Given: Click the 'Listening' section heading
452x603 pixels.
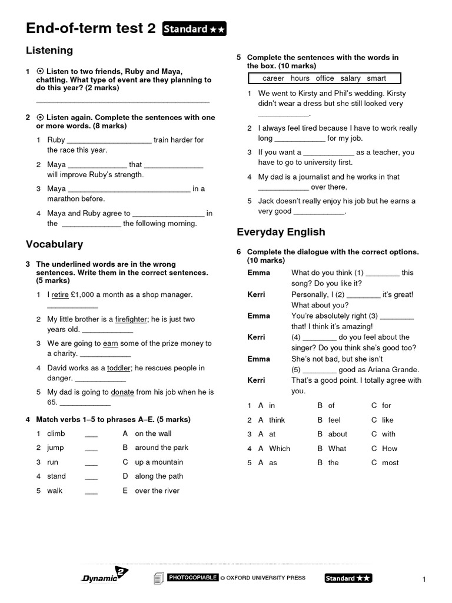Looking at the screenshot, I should [49, 51].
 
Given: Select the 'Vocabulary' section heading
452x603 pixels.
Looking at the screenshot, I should [54, 244].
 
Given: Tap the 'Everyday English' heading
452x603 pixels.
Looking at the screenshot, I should [281, 232].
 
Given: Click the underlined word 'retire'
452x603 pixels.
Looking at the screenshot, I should [60, 294].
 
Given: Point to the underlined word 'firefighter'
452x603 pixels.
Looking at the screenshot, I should [131, 319].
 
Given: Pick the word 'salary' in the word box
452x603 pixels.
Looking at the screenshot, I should [350, 78].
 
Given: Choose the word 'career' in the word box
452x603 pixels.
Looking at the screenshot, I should [273, 78].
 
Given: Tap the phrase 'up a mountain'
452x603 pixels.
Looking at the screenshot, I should [159, 462].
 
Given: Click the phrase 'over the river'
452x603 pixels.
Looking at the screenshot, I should [157, 491].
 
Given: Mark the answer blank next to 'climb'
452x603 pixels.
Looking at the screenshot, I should [91, 435].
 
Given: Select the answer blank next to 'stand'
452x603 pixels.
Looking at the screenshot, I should [91, 477].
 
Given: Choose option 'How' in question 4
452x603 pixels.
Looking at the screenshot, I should [390, 449].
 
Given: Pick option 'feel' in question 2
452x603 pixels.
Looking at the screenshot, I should [334, 420].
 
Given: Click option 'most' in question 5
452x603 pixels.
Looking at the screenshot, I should [390, 463].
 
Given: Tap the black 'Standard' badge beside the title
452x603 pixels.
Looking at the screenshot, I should [194, 29].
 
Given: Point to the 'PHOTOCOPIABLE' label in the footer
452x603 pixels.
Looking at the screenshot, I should [193, 578].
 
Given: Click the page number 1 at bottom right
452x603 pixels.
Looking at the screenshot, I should [423, 580].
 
